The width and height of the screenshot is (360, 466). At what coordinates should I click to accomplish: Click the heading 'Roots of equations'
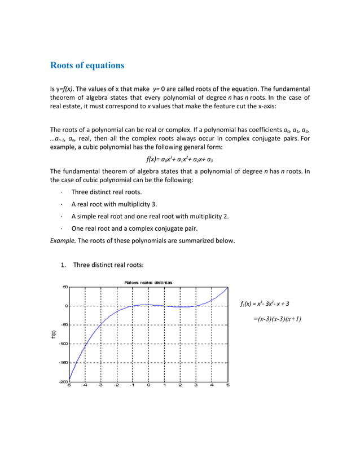pyautogui.click(x=87, y=65)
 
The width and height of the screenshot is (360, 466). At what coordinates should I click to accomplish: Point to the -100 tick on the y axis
pyautogui.click(x=63, y=344)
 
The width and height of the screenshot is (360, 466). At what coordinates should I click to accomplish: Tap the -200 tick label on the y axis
pyautogui.click(x=63, y=382)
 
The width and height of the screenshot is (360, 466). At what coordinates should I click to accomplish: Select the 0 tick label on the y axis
pyautogui.click(x=66, y=306)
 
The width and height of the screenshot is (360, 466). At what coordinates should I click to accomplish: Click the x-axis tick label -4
pyautogui.click(x=85, y=386)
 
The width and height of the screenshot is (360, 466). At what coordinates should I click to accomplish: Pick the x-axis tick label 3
pyautogui.click(x=196, y=386)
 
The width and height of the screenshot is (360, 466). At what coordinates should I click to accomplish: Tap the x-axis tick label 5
pyautogui.click(x=227, y=386)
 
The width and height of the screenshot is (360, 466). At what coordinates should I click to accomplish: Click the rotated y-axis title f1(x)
pyautogui.click(x=54, y=334)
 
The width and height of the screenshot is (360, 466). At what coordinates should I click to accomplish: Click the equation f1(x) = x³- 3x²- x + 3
pyautogui.click(x=265, y=304)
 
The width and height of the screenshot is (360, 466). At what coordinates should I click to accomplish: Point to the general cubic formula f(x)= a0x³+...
pyautogui.click(x=180, y=159)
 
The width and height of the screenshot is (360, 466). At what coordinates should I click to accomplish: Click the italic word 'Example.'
pyautogui.click(x=63, y=240)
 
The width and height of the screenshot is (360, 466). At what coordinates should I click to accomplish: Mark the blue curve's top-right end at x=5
pyautogui.click(x=227, y=288)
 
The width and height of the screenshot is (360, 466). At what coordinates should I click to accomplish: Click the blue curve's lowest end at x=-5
pyautogui.click(x=69, y=379)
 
